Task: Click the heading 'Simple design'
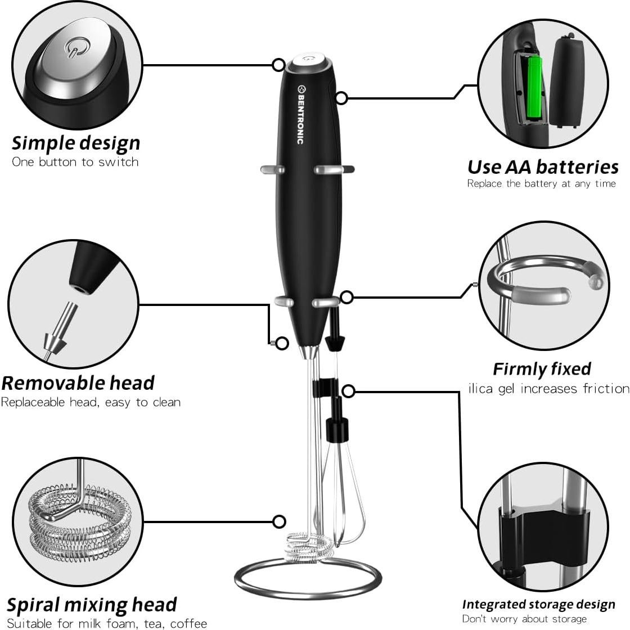coord(76,143)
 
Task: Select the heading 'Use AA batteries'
coord(543,166)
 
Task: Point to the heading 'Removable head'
coord(78,382)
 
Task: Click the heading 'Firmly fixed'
coord(542,368)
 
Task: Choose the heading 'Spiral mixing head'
coord(92,604)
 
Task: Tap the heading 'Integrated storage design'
coord(538,604)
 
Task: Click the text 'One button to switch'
coord(75,162)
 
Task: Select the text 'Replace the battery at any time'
coord(541,183)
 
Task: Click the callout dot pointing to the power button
coord(278,65)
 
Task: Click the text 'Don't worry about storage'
coord(524,619)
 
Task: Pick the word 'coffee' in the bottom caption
coord(188,623)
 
